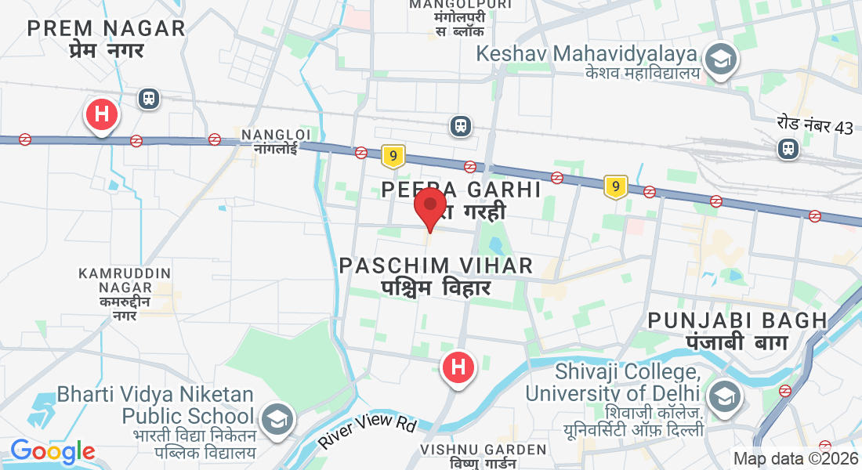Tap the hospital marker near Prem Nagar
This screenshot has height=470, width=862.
[x=101, y=114]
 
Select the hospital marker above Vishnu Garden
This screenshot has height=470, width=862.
[x=458, y=367]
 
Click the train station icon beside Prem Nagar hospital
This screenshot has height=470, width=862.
[x=148, y=99]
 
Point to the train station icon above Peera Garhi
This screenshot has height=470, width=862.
[x=461, y=125]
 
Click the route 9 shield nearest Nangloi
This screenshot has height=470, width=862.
[x=393, y=157]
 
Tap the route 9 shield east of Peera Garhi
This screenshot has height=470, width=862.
[x=616, y=186]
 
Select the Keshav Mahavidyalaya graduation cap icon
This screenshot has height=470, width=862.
[x=719, y=60]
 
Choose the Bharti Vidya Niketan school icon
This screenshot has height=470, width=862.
[x=276, y=419]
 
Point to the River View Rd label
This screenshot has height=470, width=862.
[x=366, y=432]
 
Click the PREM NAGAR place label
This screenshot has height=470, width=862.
[x=106, y=29]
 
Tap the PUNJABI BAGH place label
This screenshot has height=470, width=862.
[x=737, y=320]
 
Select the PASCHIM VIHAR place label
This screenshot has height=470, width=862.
[x=436, y=266]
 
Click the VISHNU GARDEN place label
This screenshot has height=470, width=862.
[x=483, y=450]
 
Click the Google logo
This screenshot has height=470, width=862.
[x=53, y=451]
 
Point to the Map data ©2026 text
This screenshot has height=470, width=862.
[x=795, y=458]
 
